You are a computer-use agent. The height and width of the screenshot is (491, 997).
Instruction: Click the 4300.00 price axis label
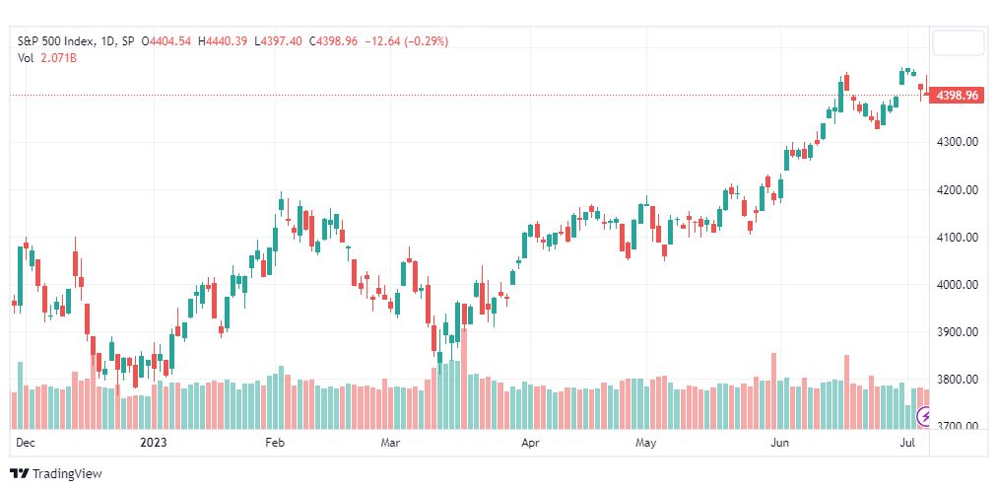point(957,141)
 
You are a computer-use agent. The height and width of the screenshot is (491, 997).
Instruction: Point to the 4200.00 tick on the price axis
point(957,189)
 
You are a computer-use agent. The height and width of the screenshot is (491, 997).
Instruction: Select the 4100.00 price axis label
point(957,238)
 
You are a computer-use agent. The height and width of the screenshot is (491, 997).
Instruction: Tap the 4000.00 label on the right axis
point(957,284)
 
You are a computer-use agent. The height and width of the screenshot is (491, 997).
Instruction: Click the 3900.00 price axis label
point(957,331)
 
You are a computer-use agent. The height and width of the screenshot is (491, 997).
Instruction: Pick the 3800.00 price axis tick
point(957,379)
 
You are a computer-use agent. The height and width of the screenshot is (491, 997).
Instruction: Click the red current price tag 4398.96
point(957,96)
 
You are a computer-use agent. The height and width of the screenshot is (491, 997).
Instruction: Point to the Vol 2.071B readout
point(47,58)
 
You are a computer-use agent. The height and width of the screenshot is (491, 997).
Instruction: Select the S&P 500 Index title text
point(56,41)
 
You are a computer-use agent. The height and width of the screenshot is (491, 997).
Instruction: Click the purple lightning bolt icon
point(924,417)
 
